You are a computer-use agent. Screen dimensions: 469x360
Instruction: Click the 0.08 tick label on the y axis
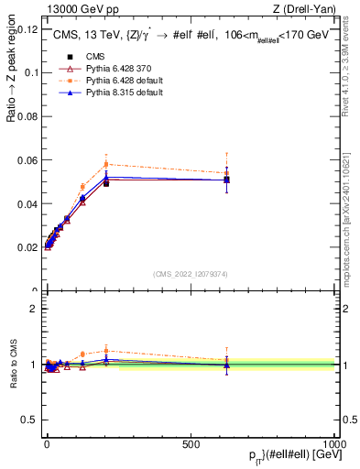click(x=27, y=116)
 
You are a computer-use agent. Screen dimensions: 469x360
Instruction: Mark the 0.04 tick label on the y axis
click(x=27, y=203)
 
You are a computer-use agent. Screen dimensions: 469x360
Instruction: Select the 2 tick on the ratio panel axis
click(x=34, y=309)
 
